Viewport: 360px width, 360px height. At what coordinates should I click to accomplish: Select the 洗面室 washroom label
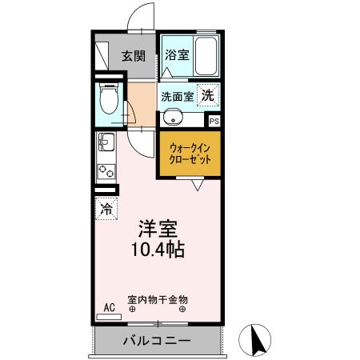pos(177,96)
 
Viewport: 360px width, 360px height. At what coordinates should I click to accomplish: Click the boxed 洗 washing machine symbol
pos(207,94)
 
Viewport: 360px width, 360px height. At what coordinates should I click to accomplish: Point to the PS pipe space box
pos(213,121)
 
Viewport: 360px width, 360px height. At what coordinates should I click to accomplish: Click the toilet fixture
pos(110,101)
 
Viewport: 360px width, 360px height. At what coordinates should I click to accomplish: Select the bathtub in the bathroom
pos(206,57)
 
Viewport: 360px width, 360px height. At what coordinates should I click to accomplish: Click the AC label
pos(109,306)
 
